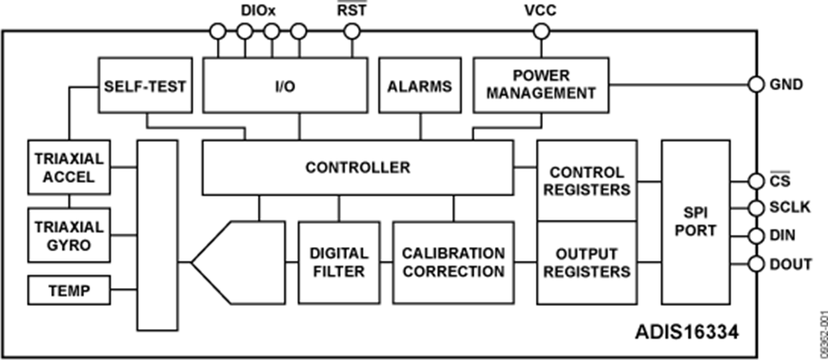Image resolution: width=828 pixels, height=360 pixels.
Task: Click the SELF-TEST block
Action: pyautogui.click(x=145, y=86)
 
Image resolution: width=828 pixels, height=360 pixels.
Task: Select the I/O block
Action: pyautogui.click(x=284, y=86)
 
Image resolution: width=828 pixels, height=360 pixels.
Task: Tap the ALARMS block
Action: pyautogui.click(x=420, y=86)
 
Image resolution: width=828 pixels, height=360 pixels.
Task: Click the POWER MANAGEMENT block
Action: pyautogui.click(x=540, y=85)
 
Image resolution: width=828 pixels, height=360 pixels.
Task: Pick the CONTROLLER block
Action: pyautogui.click(x=357, y=167)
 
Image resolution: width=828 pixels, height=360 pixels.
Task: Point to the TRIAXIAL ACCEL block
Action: pyautogui.click(x=70, y=167)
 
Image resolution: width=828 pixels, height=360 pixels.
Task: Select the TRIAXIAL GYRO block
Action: pyautogui.click(x=70, y=235)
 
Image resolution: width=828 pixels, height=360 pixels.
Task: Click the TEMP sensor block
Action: pyautogui.click(x=70, y=290)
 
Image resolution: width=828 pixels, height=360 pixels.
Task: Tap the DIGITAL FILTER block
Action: pyautogui.click(x=338, y=262)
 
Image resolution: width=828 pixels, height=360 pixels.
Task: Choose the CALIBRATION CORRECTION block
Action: pyautogui.click(x=453, y=262)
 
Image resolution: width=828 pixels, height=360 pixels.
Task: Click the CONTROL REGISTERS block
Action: pyautogui.click(x=587, y=181)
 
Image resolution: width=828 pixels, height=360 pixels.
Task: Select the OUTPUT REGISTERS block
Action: pyautogui.click(x=587, y=262)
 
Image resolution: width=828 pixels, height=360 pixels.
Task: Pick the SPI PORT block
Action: pyautogui.click(x=696, y=222)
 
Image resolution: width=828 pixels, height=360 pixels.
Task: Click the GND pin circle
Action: pyautogui.click(x=755, y=84)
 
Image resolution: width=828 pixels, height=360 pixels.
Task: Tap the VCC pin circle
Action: pyautogui.click(x=540, y=31)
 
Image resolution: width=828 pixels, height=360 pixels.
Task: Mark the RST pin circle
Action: pyautogui.click(x=351, y=31)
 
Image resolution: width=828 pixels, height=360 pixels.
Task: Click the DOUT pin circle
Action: pyautogui.click(x=755, y=264)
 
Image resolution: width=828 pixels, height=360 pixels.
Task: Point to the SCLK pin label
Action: pyautogui.click(x=791, y=208)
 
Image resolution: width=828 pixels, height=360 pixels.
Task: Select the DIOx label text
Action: pyautogui.click(x=258, y=11)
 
